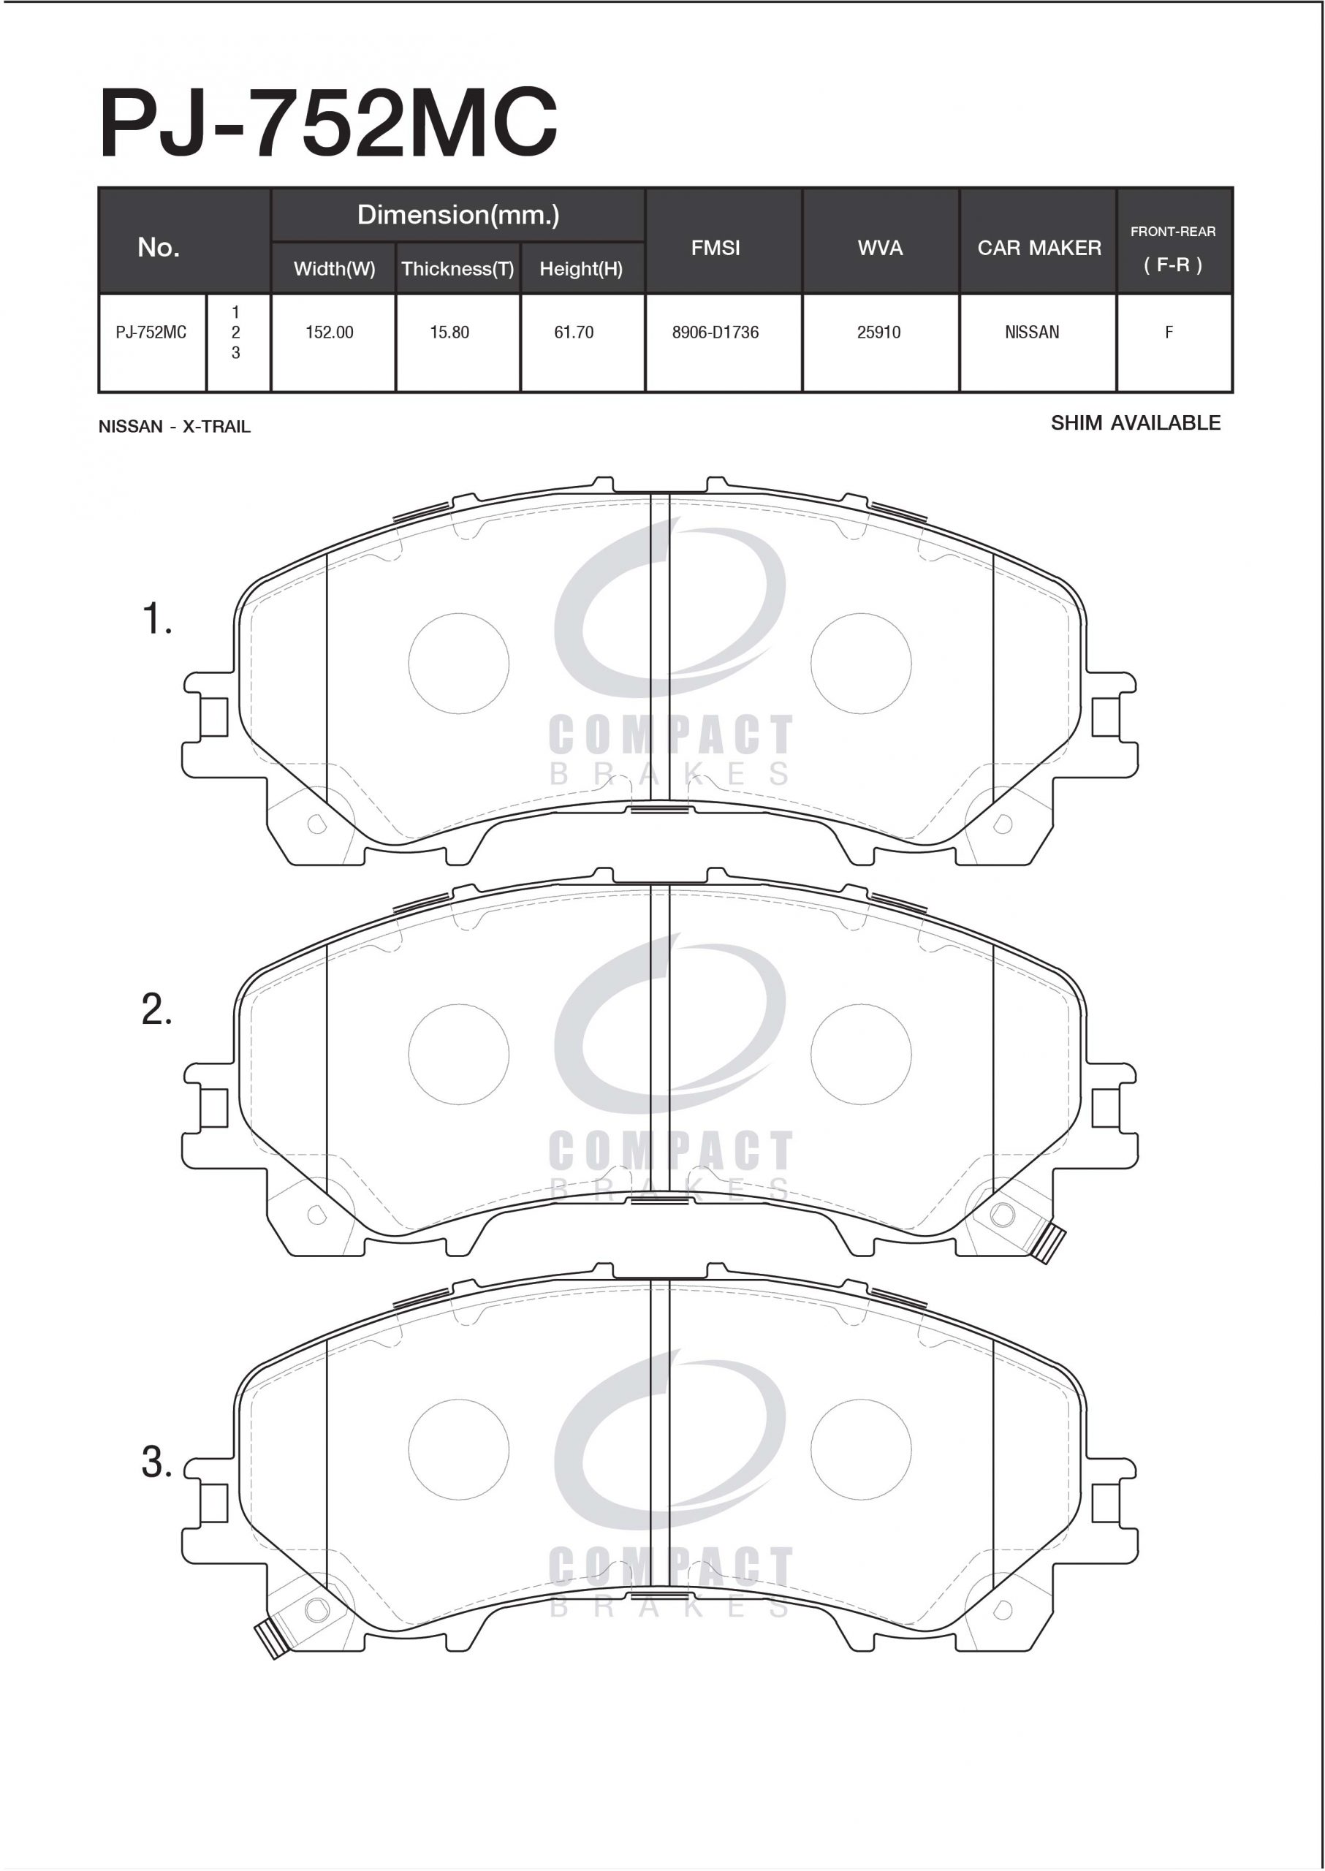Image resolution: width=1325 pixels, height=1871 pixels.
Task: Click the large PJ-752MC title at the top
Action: tap(328, 124)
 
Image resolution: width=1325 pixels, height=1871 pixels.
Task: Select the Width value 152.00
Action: tap(330, 332)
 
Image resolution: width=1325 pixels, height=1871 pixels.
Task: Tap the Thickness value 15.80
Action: tap(449, 332)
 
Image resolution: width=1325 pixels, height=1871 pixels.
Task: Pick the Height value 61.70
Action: tap(574, 332)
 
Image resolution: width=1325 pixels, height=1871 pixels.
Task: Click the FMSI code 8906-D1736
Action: tap(715, 332)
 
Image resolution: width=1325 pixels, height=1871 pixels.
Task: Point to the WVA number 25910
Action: tap(878, 332)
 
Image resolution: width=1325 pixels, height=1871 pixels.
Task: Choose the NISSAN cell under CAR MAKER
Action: tap(1032, 332)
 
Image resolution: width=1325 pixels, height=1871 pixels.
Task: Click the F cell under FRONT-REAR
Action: tap(1169, 332)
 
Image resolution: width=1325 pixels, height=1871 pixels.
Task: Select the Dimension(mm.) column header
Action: tap(458, 215)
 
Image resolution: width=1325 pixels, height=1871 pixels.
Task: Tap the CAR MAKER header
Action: tap(1039, 247)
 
